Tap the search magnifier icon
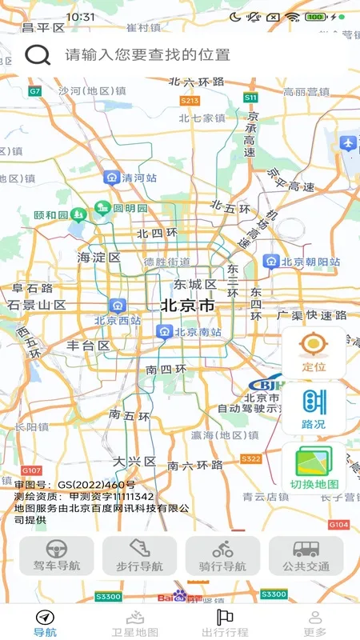(37, 54)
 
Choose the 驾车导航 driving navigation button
(57, 555)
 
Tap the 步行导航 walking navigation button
(139, 555)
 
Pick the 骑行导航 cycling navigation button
(222, 555)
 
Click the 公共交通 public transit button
(306, 555)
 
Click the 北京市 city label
(187, 305)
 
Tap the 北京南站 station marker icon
(164, 330)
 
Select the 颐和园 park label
(51, 215)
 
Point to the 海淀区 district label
(98, 258)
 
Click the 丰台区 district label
(88, 346)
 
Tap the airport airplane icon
(347, 143)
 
